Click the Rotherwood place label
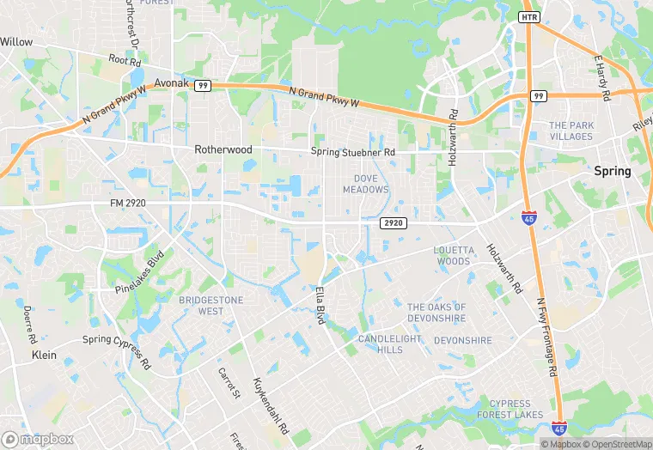click(x=223, y=149)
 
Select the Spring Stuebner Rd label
click(x=353, y=153)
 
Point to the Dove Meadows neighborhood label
click(x=366, y=184)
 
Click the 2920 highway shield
click(x=392, y=223)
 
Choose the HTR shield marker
click(x=529, y=17)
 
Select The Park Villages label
click(x=571, y=131)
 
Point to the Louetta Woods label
click(x=453, y=255)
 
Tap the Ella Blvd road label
click(x=326, y=305)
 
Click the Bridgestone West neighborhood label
click(x=211, y=306)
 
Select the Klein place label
click(x=44, y=355)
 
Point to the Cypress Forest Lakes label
click(x=516, y=409)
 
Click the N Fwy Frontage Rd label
click(x=546, y=336)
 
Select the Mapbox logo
click(x=38, y=439)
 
